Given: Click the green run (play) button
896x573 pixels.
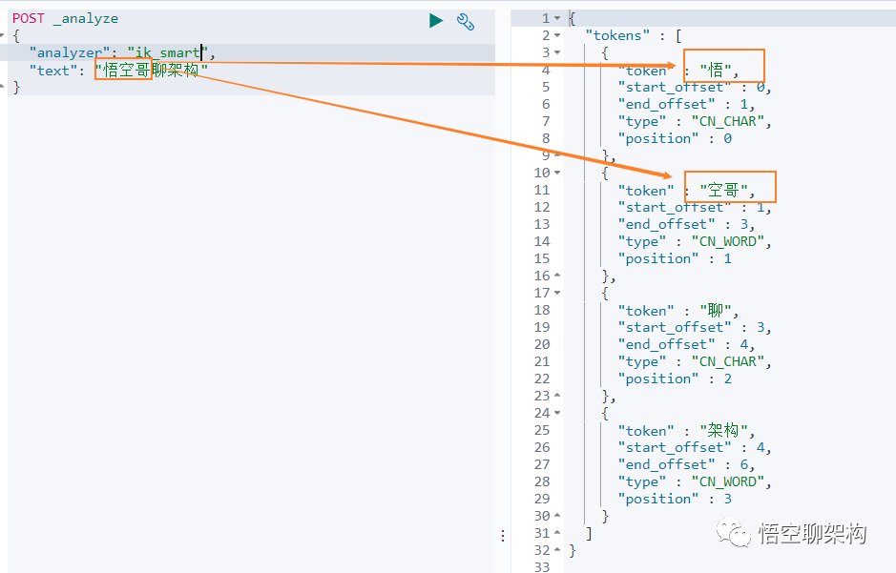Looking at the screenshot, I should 436,20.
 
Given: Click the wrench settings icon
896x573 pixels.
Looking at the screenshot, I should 466,20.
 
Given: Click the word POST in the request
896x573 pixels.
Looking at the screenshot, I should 29,18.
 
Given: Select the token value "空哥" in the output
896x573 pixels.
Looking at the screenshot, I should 723,190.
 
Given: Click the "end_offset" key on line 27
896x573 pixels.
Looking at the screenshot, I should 664,464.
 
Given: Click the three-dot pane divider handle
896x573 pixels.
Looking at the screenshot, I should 503,536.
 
